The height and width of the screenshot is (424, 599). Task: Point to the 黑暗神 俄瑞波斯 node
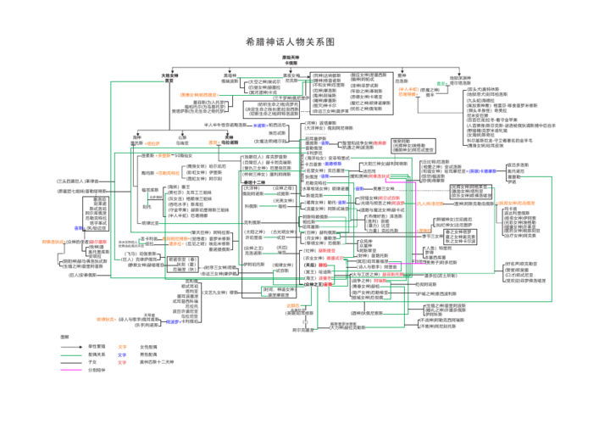tap(230, 78)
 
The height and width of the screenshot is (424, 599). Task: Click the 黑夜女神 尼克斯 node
tap(291, 78)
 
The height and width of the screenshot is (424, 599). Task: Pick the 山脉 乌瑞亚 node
tap(182, 141)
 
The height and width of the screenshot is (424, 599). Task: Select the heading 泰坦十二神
tap(254, 182)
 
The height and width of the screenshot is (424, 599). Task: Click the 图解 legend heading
tap(64, 337)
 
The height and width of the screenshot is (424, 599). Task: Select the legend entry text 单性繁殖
tap(97, 347)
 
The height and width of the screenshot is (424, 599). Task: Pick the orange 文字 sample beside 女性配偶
tap(122, 347)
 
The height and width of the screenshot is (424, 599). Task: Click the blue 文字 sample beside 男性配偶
tap(122, 354)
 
